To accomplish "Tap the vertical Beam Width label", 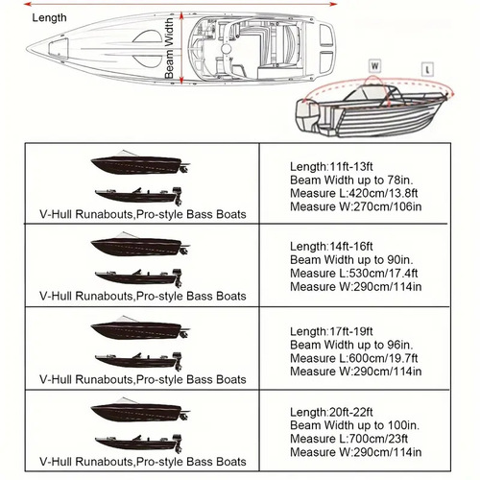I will pyautogui.click(x=169, y=47).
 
